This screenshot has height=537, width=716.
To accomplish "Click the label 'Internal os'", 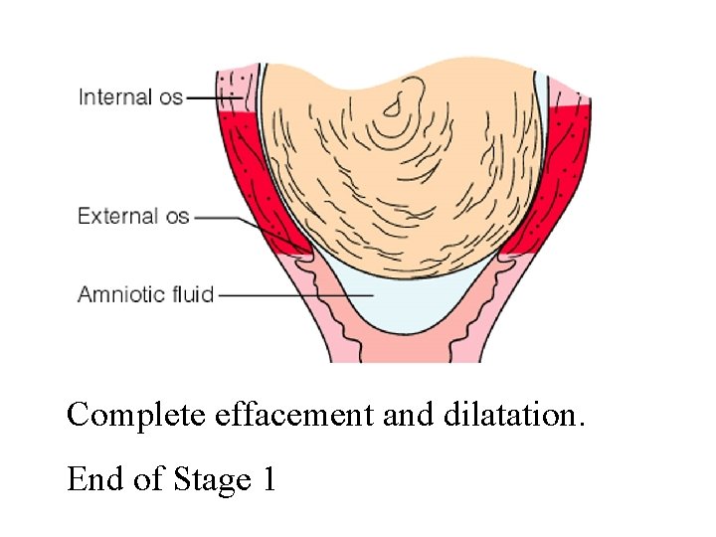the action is click(130, 97).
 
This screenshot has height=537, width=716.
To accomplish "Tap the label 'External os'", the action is click(133, 216).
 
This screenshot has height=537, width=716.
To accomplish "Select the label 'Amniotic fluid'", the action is click(145, 294).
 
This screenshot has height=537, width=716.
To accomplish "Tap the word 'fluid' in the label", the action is click(192, 294).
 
